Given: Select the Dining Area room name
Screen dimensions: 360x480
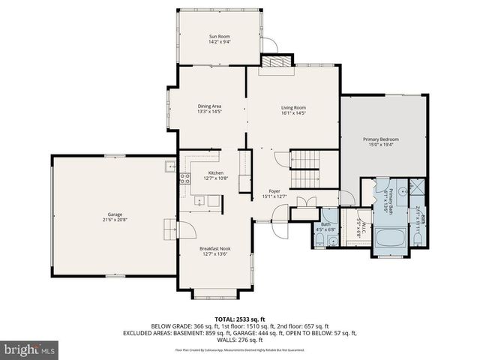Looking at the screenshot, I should pos(209,106).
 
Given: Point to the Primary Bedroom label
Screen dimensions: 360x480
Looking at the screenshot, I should pos(381,139).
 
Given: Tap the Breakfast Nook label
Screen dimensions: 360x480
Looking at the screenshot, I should pos(214,248).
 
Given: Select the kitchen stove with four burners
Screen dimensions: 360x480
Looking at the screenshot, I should pos(184,178).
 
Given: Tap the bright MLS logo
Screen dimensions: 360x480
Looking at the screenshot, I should pos(30,349).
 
